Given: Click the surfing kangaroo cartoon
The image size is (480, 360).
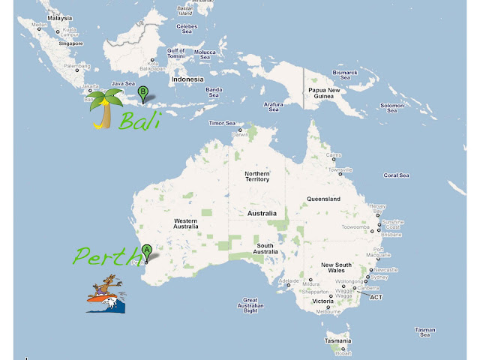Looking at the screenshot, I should (106, 295).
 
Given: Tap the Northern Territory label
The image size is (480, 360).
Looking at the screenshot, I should (257, 177).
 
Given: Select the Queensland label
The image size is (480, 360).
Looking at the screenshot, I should (323, 199).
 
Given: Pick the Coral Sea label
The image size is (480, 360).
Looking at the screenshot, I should (396, 175).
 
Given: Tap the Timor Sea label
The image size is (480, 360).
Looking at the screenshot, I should (222, 123).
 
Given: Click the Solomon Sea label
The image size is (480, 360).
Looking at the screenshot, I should (391, 108).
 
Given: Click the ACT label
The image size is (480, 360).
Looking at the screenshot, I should (376, 296).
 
